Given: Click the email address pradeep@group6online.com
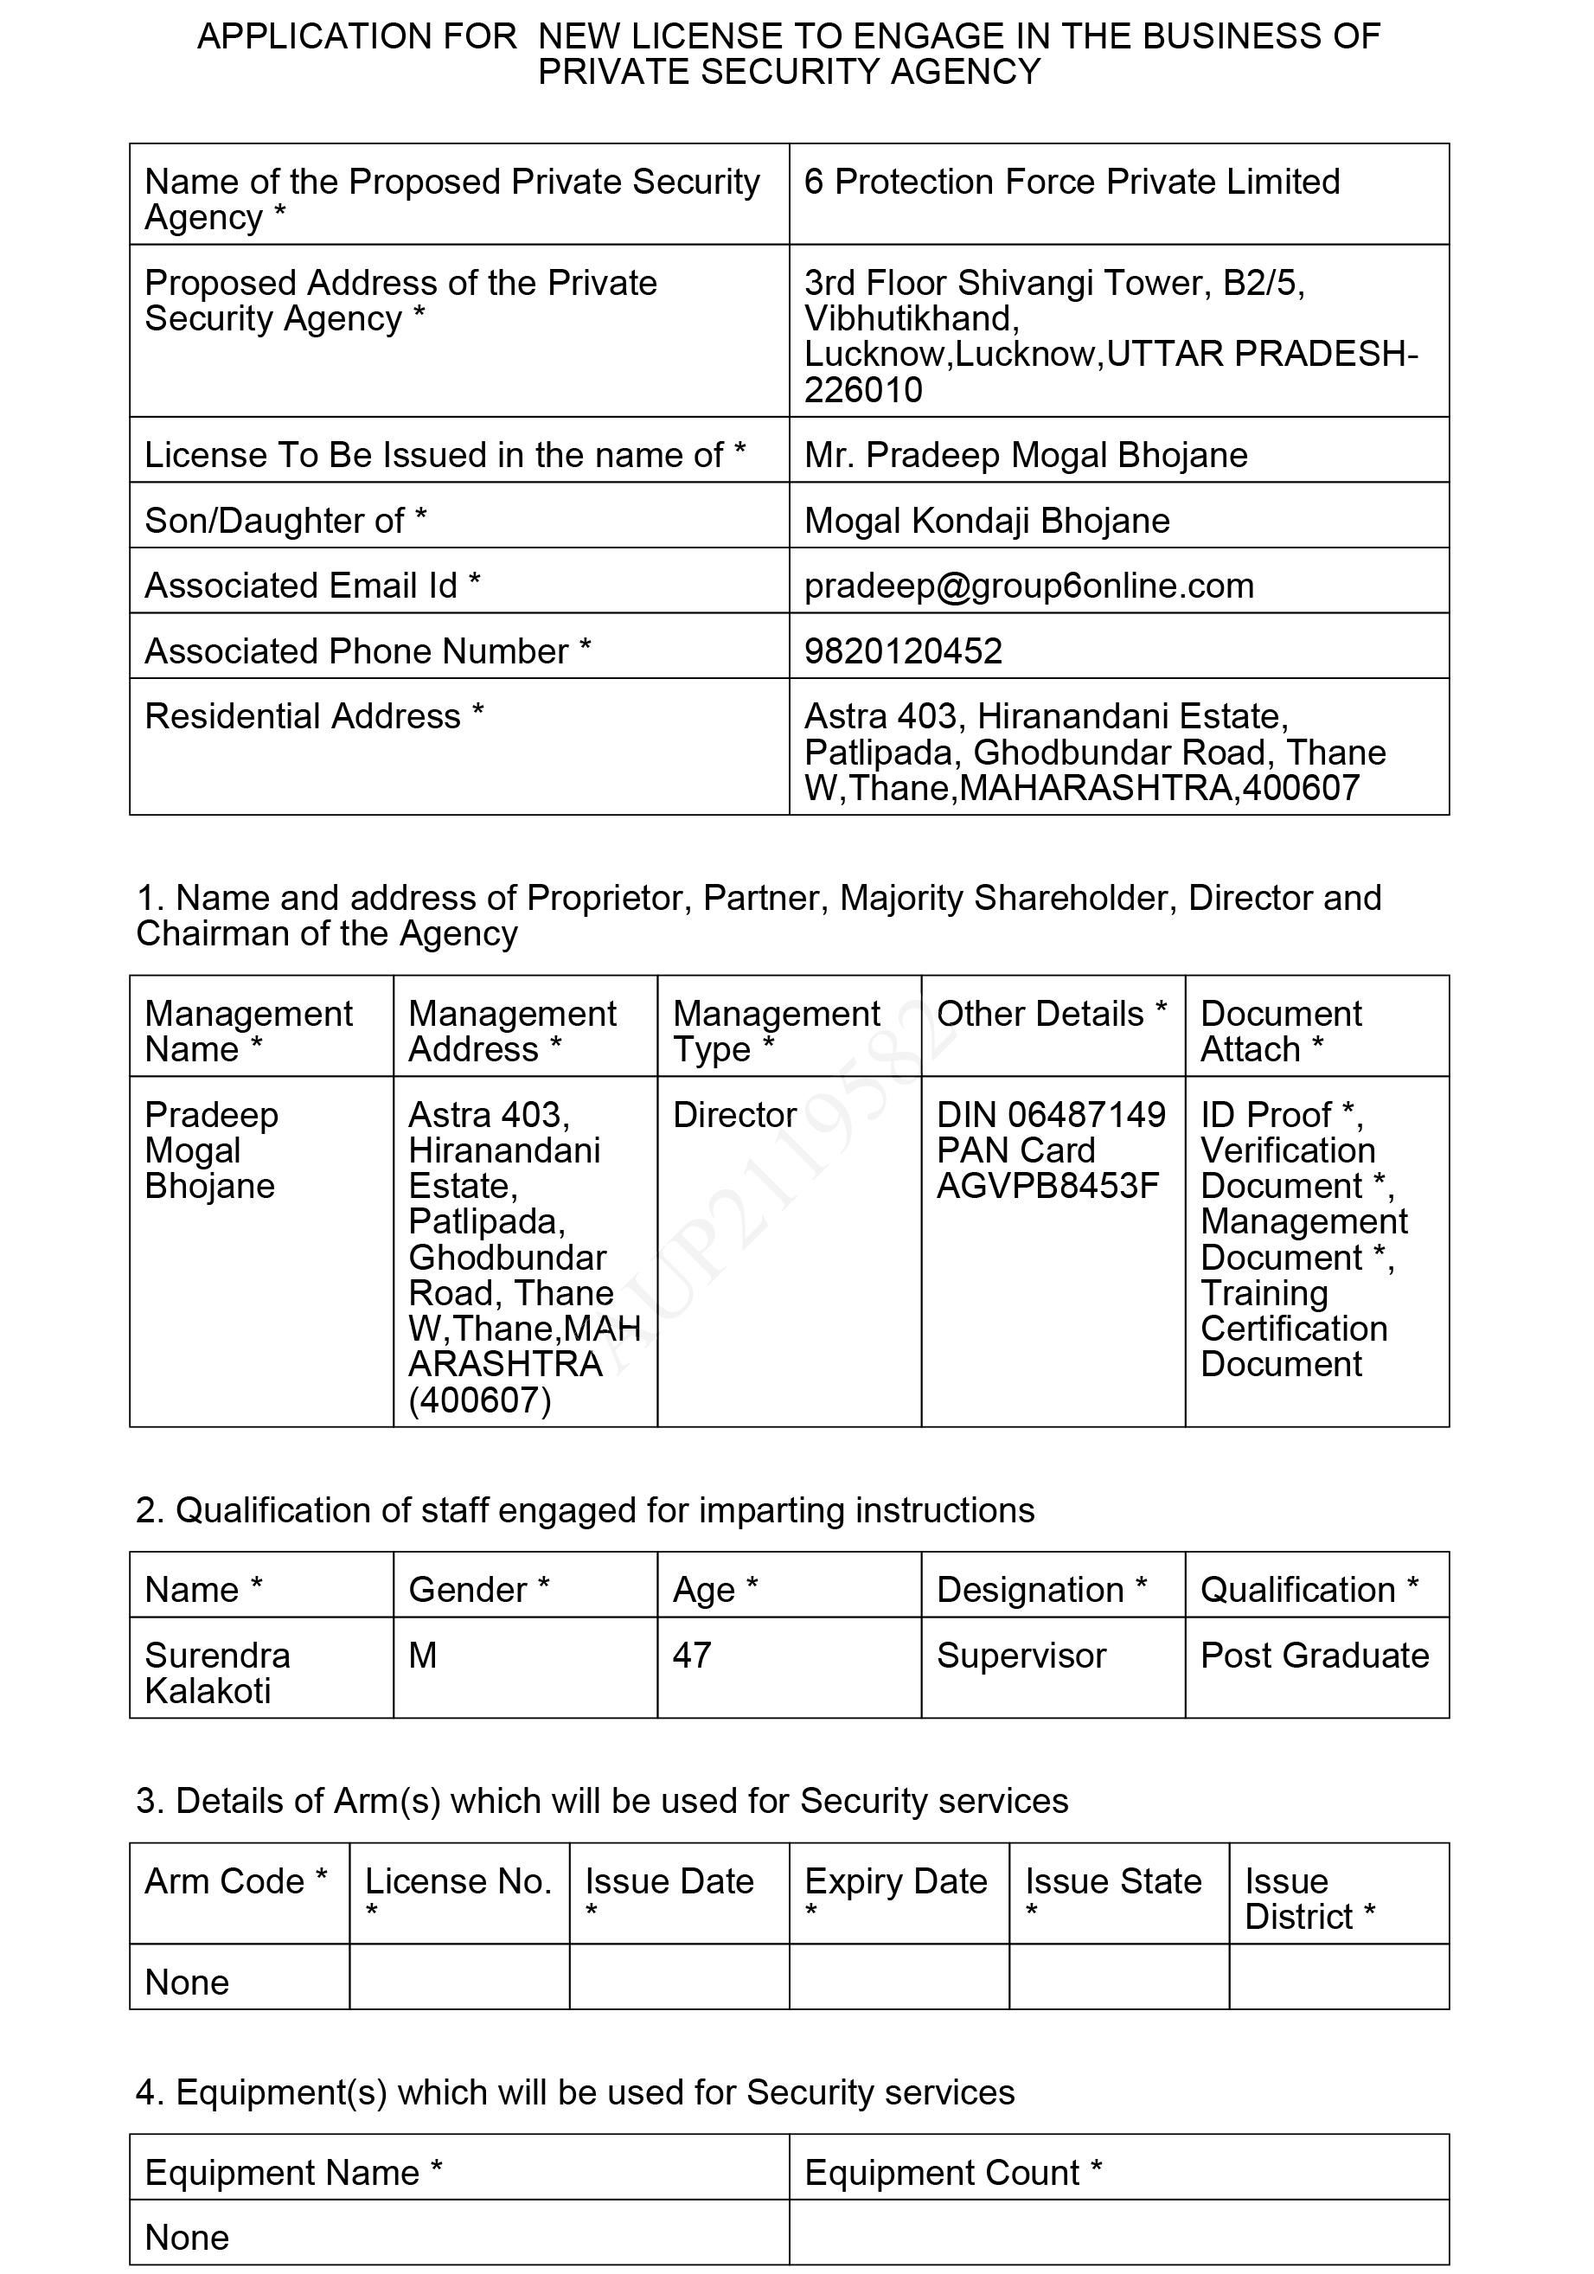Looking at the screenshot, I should point(1028,586).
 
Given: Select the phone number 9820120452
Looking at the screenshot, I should point(903,650).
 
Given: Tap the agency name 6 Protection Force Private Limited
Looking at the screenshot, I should point(1072,182).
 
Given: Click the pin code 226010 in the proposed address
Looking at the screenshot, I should point(863,390).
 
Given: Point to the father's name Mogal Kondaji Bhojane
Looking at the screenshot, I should point(987,520).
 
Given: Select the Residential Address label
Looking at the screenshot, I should point(314,716).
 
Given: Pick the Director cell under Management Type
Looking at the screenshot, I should point(734,1115).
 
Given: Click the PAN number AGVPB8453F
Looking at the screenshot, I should point(1047,1186).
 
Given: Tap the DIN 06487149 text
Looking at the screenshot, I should point(1052,1115).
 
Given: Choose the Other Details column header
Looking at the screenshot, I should point(1052,1015).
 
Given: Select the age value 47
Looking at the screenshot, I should point(692,1655).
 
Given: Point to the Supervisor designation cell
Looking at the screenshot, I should point(1021,1655).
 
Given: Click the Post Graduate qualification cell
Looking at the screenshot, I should point(1315,1655).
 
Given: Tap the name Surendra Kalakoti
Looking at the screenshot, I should point(218,1673).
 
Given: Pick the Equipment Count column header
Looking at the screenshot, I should point(952,2172).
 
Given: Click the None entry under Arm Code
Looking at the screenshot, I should point(187,1982).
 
